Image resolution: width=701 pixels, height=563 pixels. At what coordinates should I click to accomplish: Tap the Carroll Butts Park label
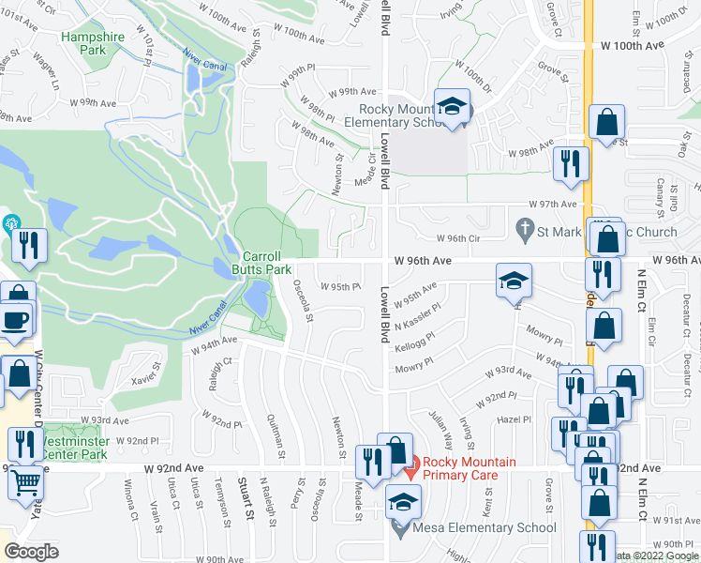268,262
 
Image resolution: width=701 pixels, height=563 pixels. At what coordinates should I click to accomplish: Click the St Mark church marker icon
525,228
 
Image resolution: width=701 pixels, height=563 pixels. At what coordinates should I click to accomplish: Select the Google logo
32,552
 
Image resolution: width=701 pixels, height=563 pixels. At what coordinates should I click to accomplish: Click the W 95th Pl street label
340,287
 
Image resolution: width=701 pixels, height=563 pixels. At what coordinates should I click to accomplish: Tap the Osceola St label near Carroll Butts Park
303,299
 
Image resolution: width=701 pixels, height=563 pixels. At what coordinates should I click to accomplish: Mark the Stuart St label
246,498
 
